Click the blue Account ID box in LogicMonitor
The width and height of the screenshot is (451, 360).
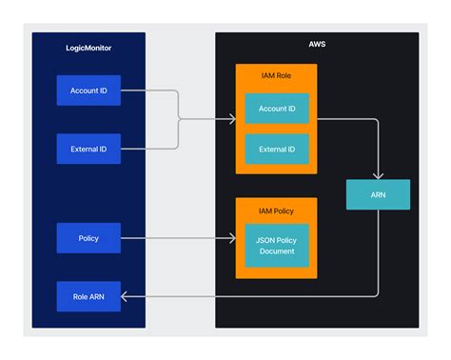point(88,90)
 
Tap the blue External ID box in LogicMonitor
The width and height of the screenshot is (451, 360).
point(88,149)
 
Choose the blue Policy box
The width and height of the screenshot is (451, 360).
point(88,238)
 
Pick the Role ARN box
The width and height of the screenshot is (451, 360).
point(88,296)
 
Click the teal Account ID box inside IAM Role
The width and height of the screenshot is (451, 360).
point(277,109)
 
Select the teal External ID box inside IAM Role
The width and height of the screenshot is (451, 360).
point(277,149)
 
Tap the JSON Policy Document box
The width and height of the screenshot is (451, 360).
point(277,246)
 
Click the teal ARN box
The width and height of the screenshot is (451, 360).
point(378,194)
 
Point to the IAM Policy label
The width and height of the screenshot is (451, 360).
point(276,210)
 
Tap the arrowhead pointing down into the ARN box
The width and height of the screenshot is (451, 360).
point(378,176)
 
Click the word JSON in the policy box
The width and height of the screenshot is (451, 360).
point(263,240)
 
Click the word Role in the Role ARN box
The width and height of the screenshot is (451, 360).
point(80,296)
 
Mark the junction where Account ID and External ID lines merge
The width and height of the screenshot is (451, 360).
point(179,120)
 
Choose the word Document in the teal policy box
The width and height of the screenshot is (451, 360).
point(277,251)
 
